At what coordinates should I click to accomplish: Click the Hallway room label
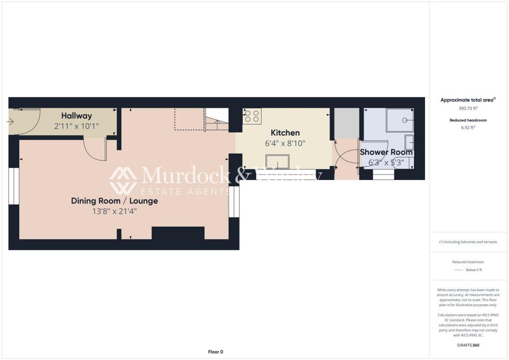[77, 116]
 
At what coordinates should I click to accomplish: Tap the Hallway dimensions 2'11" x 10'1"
[77, 126]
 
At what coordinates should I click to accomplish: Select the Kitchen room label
[285, 133]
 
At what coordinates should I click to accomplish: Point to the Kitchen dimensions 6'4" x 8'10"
[285, 143]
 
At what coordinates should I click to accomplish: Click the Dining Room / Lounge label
[114, 201]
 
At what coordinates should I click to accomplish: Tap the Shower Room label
[386, 152]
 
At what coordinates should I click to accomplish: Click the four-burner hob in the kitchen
[252, 116]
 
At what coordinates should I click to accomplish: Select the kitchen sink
[278, 162]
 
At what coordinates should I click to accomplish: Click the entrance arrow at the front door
[11, 121]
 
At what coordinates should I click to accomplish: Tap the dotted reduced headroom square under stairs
[189, 119]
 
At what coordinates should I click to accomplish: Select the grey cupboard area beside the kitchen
[346, 123]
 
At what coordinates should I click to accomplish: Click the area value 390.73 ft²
[467, 108]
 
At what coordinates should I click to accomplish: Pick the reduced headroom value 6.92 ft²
[467, 127]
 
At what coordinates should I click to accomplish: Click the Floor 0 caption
[216, 352]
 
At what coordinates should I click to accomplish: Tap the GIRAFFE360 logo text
[467, 345]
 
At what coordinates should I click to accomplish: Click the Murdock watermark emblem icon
[123, 180]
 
